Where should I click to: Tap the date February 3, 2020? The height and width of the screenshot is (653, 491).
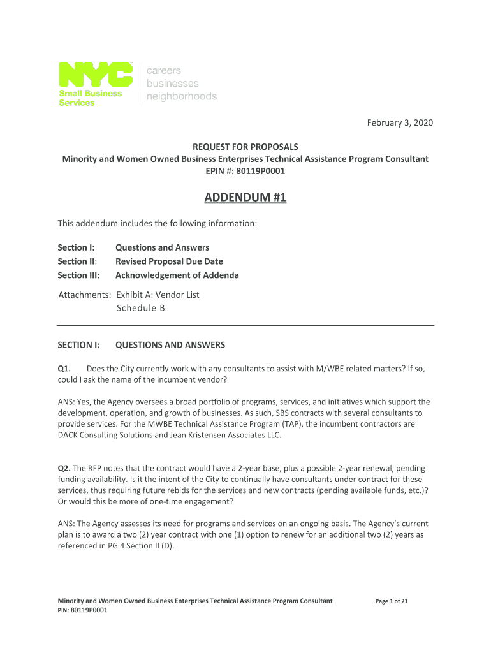click(400, 122)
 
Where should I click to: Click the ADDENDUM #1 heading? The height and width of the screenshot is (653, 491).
click(246, 199)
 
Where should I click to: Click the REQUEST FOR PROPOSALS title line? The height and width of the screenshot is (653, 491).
click(246, 146)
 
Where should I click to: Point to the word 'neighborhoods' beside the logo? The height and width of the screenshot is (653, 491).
click(182, 97)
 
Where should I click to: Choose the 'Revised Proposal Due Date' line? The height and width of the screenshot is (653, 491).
click(169, 261)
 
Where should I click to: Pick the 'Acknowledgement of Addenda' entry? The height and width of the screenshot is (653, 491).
click(177, 275)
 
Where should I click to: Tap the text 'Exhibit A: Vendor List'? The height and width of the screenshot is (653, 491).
click(158, 295)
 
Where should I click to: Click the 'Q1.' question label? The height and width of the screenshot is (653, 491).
click(65, 368)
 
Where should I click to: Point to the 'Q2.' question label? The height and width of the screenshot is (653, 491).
click(65, 468)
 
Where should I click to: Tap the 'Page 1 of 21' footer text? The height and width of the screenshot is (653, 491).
click(392, 601)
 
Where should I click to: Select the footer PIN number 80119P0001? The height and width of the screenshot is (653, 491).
click(89, 610)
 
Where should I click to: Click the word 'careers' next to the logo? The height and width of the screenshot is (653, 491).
click(164, 70)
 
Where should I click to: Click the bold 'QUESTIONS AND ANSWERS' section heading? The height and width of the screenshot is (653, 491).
click(170, 345)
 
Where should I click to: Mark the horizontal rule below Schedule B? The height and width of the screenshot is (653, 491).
click(246, 325)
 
